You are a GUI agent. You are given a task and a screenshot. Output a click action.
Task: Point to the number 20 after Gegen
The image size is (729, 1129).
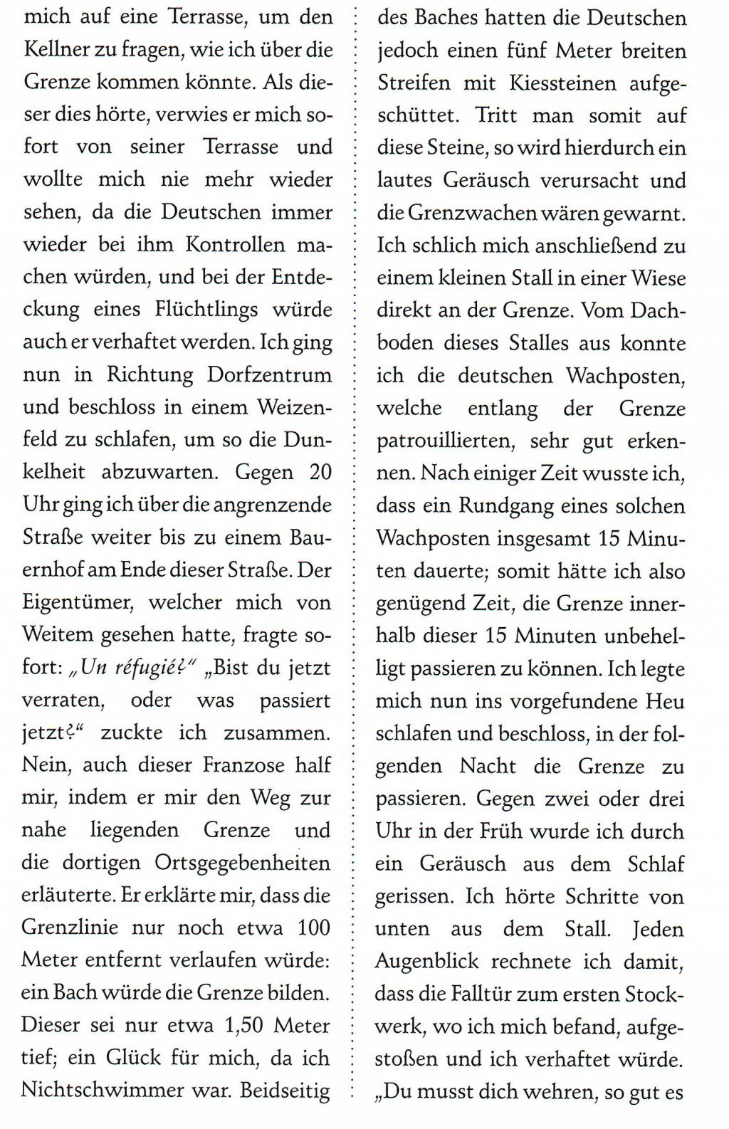click(x=320, y=472)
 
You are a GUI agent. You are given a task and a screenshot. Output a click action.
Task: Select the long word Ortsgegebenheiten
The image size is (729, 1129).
click(x=243, y=863)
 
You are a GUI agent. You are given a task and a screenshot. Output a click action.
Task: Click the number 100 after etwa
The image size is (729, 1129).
click(x=314, y=928)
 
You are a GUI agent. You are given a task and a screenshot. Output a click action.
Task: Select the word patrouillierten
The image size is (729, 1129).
click(x=445, y=441)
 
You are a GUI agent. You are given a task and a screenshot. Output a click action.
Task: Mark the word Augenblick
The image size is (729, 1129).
click(x=428, y=962)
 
